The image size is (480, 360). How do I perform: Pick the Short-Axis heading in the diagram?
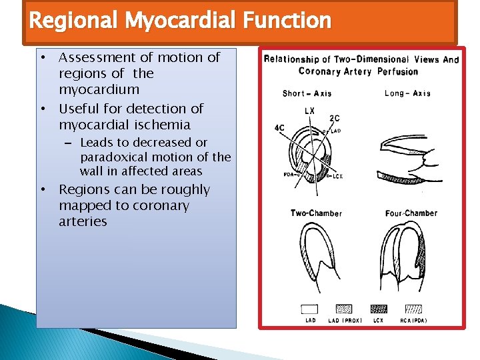coord(307,93)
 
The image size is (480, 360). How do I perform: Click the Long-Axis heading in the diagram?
coord(407,93)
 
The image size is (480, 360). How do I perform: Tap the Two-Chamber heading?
coord(316,213)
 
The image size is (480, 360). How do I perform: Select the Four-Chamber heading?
coord(411,213)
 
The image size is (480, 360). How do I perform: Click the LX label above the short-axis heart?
coord(309,111)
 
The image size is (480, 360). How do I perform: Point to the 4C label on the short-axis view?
coord(279,128)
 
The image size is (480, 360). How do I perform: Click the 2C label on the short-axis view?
coord(334,119)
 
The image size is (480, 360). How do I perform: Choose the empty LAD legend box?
coord(309,309)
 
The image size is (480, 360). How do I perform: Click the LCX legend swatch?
coord(378,309)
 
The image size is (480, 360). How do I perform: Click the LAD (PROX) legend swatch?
coord(343,309)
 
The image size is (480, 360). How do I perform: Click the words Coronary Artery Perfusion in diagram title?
coord(358,71)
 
